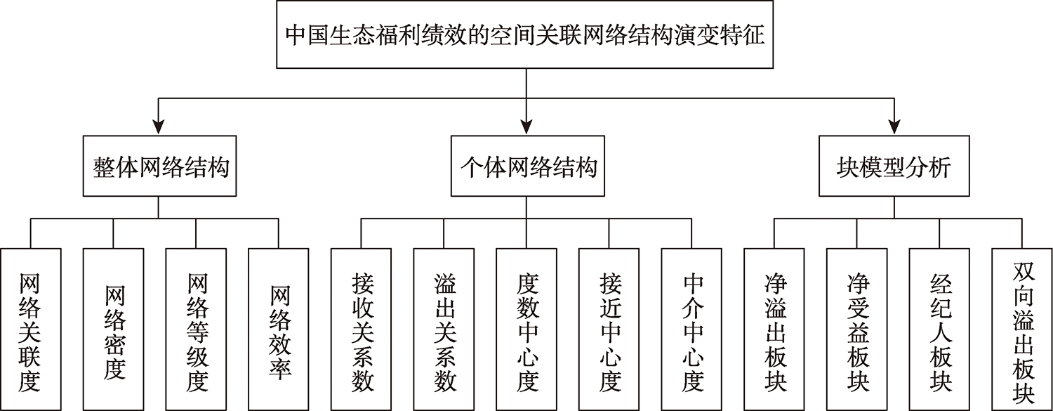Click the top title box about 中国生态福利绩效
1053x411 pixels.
[x=524, y=34]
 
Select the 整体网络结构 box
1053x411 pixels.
[x=159, y=166]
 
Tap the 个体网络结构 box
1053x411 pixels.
[x=527, y=166]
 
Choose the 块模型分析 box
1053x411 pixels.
[x=894, y=166]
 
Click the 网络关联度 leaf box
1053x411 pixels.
[x=31, y=330]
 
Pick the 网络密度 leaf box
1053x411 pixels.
[x=113, y=330]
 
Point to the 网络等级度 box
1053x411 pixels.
[x=196, y=330]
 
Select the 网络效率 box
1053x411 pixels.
[x=279, y=330]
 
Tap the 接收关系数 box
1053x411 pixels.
[x=361, y=330]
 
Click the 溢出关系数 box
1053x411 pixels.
[x=444, y=330]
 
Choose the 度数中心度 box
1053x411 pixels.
[x=526, y=330]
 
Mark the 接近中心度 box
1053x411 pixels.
[x=609, y=330]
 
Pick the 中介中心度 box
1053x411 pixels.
[x=691, y=330]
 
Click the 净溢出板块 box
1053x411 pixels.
[x=774, y=330]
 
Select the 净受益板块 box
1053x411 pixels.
[x=857, y=330]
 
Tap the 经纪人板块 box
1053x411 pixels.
[x=940, y=330]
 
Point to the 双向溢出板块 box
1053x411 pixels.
[x=1022, y=330]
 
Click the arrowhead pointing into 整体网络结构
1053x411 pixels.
[x=159, y=127]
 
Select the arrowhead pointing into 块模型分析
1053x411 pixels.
[x=894, y=127]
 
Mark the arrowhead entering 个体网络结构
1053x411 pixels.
[x=526, y=127]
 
